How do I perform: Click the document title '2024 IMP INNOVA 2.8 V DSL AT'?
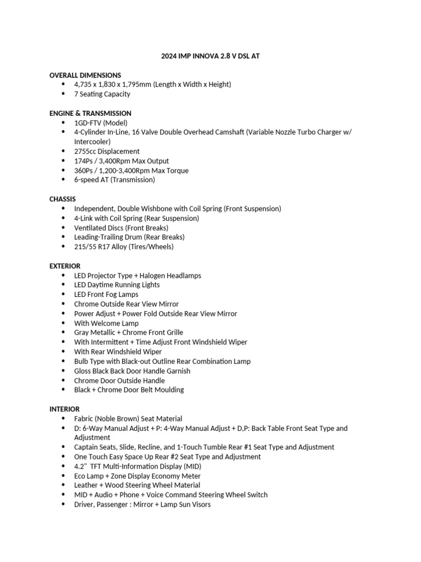coord(210,56)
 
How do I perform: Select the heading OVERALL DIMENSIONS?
coord(85,75)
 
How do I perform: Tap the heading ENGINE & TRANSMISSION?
coord(90,113)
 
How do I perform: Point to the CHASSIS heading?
coord(62,199)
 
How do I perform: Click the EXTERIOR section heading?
coord(65,266)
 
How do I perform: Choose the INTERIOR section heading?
coord(64,409)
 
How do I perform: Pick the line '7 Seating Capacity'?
coord(102,94)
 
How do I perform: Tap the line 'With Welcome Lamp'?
coord(106,323)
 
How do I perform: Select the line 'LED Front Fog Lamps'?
coord(106,294)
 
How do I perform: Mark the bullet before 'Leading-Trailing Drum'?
coord(63,237)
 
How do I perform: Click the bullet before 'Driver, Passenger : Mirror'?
coord(63,504)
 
